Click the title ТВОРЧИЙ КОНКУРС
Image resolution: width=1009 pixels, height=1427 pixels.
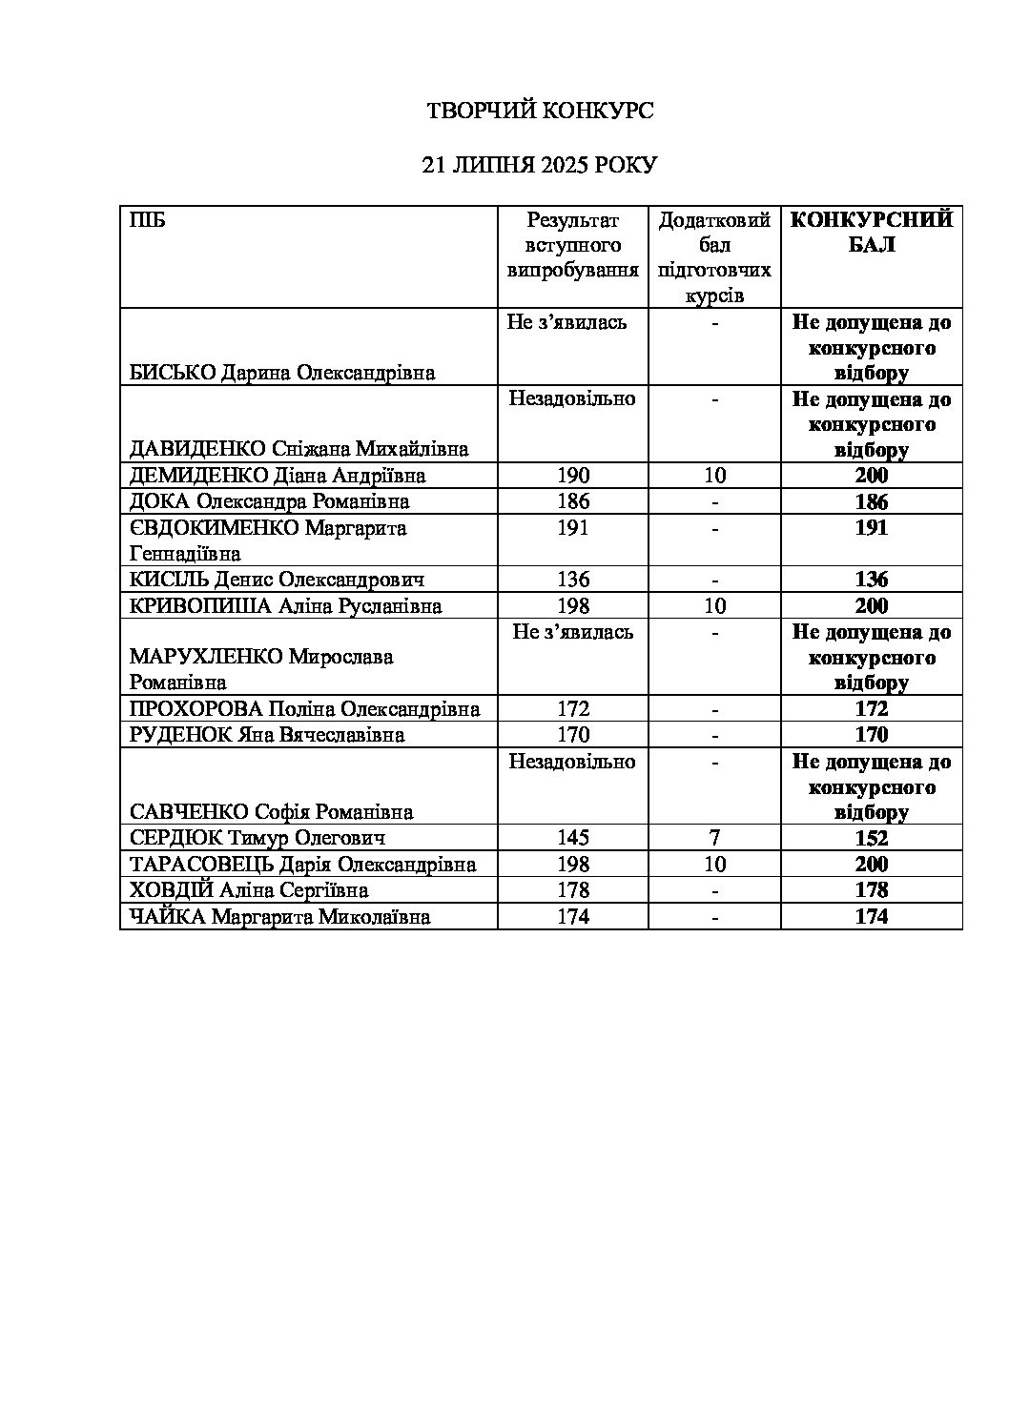539,112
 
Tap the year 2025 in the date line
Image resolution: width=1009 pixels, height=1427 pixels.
566,165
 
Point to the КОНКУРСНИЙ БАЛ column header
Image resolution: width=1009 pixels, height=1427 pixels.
872,233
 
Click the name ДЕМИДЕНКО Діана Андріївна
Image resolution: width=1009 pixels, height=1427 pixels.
278,476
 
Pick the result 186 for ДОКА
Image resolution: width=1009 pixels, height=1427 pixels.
573,501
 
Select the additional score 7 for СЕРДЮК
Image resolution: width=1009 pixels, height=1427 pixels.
714,838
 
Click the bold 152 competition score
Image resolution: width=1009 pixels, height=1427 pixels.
872,839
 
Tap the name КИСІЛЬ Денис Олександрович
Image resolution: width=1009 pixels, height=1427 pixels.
278,580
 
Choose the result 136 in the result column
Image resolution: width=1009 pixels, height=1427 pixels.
573,580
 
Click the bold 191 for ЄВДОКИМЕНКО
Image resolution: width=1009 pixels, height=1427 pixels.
872,528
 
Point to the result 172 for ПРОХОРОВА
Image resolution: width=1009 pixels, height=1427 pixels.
573,709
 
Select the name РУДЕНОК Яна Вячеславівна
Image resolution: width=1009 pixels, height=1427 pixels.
267,735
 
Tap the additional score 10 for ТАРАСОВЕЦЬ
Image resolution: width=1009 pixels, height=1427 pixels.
714,865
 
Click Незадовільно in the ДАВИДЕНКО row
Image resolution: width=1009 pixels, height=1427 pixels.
572,398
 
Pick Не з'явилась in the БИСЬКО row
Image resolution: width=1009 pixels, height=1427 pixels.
567,322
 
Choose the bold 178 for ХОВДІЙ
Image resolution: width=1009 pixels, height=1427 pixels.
872,890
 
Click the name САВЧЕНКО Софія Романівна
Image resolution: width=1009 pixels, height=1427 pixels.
272,812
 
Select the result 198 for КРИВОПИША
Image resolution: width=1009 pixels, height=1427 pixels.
573,606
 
